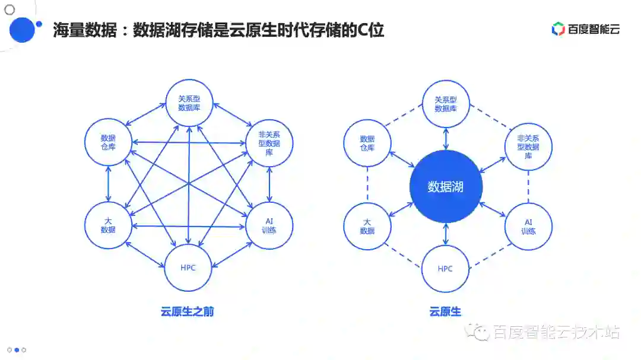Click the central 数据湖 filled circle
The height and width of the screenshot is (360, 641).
coord(446,187)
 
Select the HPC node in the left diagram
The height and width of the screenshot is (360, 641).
coord(188,267)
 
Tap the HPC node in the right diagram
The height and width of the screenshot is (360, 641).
coord(445,269)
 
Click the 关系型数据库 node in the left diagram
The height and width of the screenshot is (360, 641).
coord(189,103)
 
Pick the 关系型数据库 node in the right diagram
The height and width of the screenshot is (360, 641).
coord(446,104)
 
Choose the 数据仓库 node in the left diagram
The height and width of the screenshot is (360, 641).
coord(108,142)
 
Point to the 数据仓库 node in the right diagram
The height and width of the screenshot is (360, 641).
coord(367,143)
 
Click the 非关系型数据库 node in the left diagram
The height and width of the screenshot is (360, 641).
coord(269,143)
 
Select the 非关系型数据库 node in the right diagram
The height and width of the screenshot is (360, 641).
coord(528,146)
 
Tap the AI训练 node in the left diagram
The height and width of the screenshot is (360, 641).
coord(269,225)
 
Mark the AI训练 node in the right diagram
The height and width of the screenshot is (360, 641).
coord(528,226)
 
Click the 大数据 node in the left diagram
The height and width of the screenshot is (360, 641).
coord(108,225)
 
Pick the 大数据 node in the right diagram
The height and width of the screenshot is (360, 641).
coord(367,226)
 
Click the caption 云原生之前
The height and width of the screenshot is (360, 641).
coord(187,311)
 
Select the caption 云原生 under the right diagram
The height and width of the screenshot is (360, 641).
coord(445,311)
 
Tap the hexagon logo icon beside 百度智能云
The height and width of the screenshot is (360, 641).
coord(558,28)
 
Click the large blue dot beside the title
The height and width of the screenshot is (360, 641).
coord(23,30)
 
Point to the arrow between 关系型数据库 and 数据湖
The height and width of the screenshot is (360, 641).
coord(446,138)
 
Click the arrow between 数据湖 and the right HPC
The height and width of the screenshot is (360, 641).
coord(446,234)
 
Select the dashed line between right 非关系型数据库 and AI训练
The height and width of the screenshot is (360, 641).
coord(528,186)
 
